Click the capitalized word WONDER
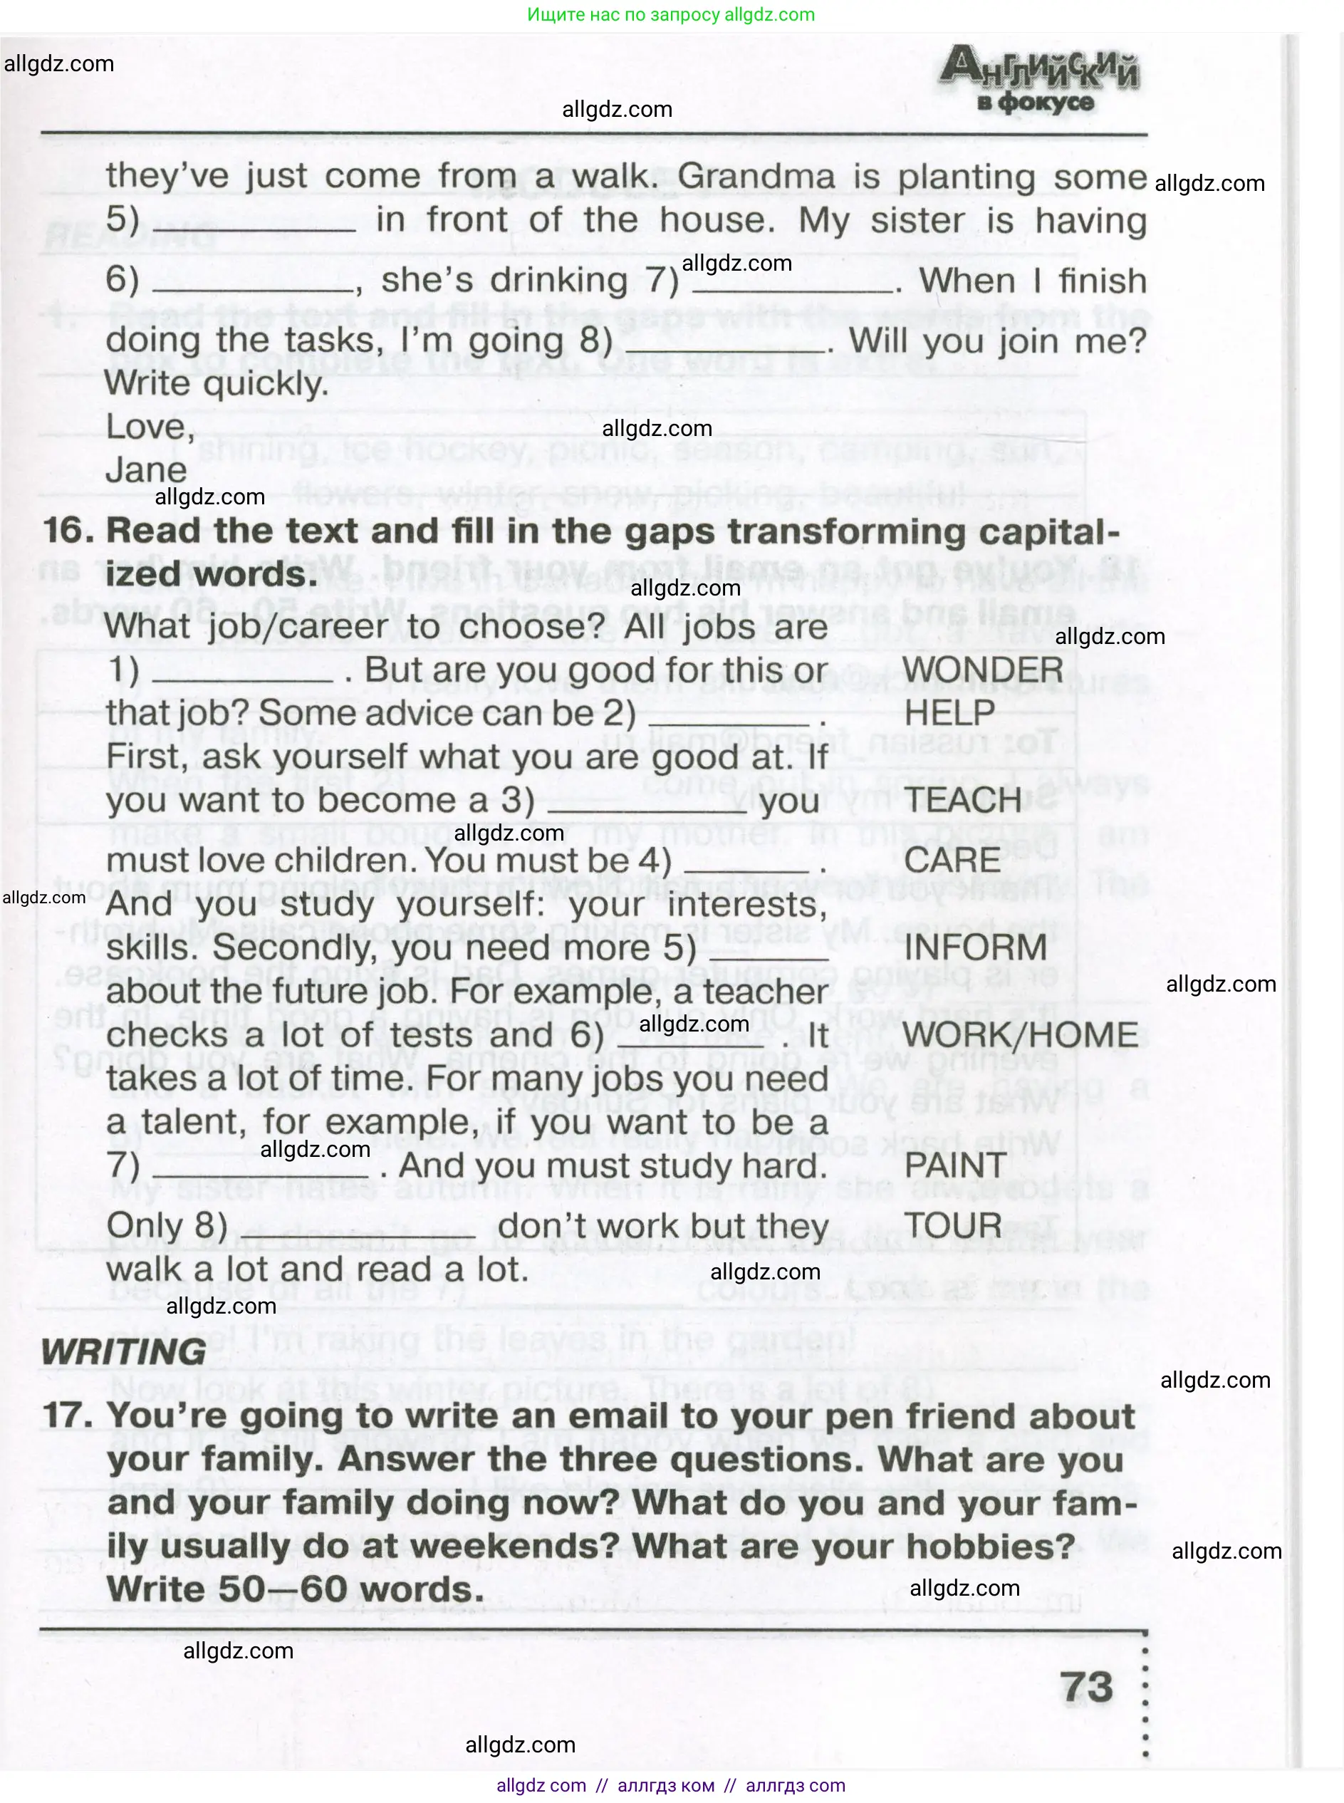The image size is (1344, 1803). coord(982,670)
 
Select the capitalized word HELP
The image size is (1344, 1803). coord(949,714)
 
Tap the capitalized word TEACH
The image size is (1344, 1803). coord(962,801)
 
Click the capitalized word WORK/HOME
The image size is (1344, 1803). coord(1020,1035)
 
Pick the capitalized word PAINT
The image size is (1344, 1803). coord(955,1165)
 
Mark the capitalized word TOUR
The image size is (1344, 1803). coord(953,1225)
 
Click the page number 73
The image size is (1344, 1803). coord(1086,1687)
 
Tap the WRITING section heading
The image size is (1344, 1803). coord(124,1351)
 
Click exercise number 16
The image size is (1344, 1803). coord(63,531)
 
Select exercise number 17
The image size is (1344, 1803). coord(63,1415)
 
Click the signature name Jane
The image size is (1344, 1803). coord(147,470)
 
